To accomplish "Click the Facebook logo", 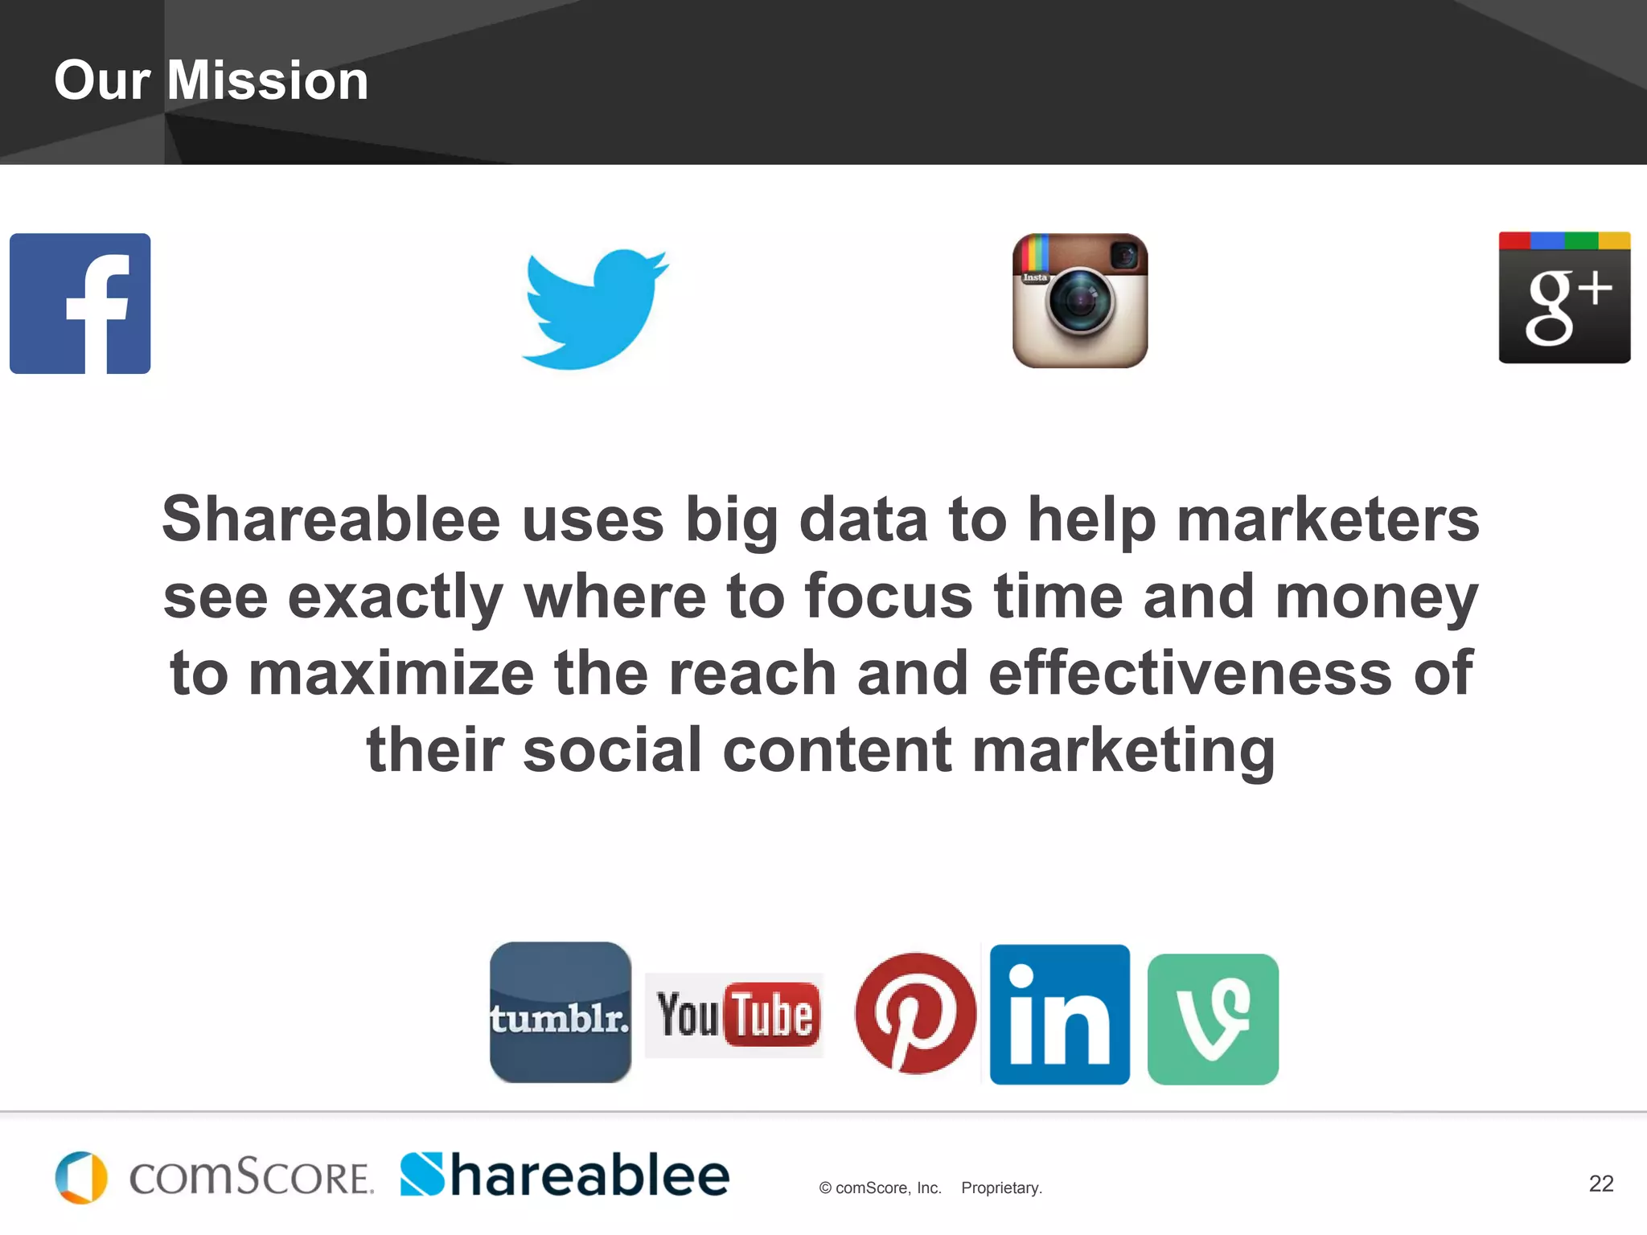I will coord(80,303).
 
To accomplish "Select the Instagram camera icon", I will coord(1079,301).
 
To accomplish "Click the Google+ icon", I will coord(1564,297).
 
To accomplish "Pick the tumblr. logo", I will coord(561,1013).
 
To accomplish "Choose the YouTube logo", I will coord(734,1015).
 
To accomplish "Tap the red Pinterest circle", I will coord(915,1013).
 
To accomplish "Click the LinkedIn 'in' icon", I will coord(1059,1015).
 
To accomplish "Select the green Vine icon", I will coord(1213,1019).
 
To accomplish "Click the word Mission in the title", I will coord(267,81).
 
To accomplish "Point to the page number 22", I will coord(1600,1184).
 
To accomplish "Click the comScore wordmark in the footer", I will coord(251,1178).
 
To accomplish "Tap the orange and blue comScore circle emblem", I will coord(81,1178).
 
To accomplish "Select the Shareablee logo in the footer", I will coord(565,1176).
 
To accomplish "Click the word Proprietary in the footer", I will coord(1001,1188).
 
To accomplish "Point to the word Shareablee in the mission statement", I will coord(331,519).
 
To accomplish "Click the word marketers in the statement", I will coord(1328,519).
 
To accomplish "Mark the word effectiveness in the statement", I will coord(1190,673).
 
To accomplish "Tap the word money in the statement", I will coord(1377,597).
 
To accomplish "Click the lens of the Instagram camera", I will coord(1081,302).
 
